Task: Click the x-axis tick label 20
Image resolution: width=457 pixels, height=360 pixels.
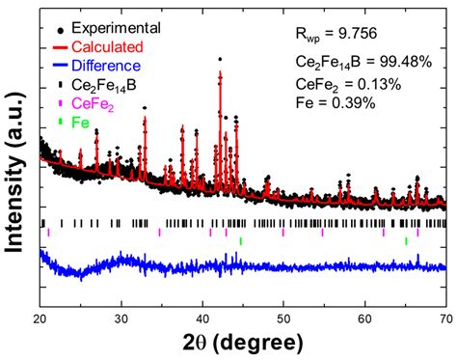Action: (40, 318)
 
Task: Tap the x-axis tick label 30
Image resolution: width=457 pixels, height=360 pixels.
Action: (121, 318)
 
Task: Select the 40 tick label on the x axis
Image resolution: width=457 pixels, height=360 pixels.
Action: (202, 318)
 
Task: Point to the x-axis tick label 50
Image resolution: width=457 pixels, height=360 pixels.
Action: (283, 318)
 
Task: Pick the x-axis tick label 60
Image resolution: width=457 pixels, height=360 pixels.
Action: (365, 318)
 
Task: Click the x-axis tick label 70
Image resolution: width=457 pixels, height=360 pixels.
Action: (446, 318)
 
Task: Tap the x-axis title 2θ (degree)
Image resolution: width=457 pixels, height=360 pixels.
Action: (243, 343)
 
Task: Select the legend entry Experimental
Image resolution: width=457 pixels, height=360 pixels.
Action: (109, 28)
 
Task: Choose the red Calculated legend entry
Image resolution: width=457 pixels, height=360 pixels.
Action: (98, 47)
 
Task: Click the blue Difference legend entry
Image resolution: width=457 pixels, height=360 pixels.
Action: (96, 66)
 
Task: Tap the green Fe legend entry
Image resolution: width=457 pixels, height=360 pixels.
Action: (73, 123)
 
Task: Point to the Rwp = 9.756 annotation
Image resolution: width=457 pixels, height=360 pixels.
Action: (336, 34)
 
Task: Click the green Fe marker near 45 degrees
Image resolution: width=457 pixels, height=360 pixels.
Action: (241, 241)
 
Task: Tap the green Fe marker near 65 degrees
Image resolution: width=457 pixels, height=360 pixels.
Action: (406, 241)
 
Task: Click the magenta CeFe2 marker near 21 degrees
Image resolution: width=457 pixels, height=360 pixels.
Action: (48, 233)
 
